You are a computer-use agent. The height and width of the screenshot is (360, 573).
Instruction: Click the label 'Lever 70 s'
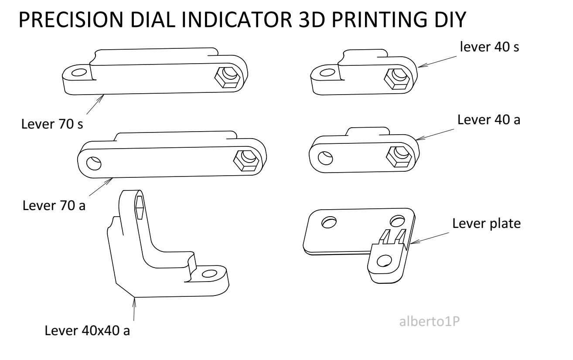pyautogui.click(x=52, y=124)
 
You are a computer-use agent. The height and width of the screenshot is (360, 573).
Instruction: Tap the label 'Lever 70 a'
pyautogui.click(x=54, y=205)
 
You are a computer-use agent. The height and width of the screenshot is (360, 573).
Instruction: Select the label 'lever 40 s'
pyautogui.click(x=489, y=47)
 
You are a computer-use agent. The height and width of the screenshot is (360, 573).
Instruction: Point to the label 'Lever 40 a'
pyautogui.click(x=488, y=120)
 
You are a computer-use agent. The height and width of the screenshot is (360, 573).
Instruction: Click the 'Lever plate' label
pyautogui.click(x=486, y=224)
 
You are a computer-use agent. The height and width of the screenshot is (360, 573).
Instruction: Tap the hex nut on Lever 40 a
pyautogui.click(x=399, y=155)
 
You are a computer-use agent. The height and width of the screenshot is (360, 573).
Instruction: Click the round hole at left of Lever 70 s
pyautogui.click(x=79, y=72)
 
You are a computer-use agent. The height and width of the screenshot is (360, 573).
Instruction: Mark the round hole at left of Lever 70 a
pyautogui.click(x=93, y=163)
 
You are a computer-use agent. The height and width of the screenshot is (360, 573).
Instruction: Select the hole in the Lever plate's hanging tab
pyautogui.click(x=384, y=261)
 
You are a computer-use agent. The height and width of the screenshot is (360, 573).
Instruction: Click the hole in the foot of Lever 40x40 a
pyautogui.click(x=210, y=274)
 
